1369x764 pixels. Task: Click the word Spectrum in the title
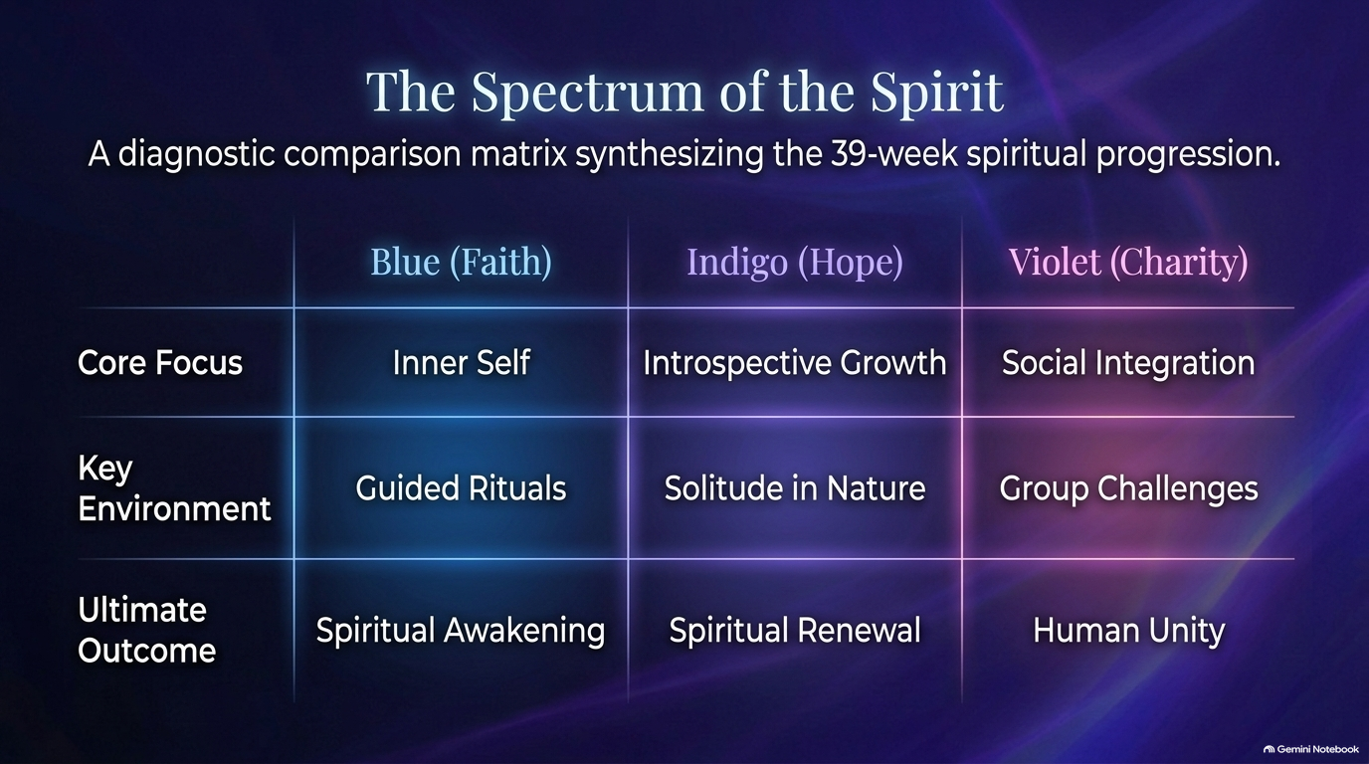[x=587, y=93]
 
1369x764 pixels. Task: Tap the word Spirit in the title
[x=937, y=93]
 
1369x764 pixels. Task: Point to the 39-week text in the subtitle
[x=894, y=153]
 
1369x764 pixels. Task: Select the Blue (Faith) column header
[x=462, y=262]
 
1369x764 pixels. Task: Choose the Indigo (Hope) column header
[x=795, y=262]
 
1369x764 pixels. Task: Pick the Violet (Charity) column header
[x=1128, y=262]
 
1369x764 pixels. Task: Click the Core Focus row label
[x=160, y=362]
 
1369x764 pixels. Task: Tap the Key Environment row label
[x=174, y=488]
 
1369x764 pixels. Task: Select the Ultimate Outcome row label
[x=146, y=630]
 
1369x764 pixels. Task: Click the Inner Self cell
[x=462, y=362]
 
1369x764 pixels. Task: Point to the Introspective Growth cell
[x=795, y=363]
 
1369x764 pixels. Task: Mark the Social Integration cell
[x=1128, y=363]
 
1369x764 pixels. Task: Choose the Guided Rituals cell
[x=461, y=488]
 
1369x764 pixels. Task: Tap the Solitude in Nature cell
[x=795, y=488]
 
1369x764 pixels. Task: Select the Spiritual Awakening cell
[x=461, y=631]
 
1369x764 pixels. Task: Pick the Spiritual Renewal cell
[x=795, y=631]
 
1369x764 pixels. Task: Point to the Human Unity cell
[x=1129, y=631]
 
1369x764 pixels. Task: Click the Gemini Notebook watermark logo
[x=1269, y=749]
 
